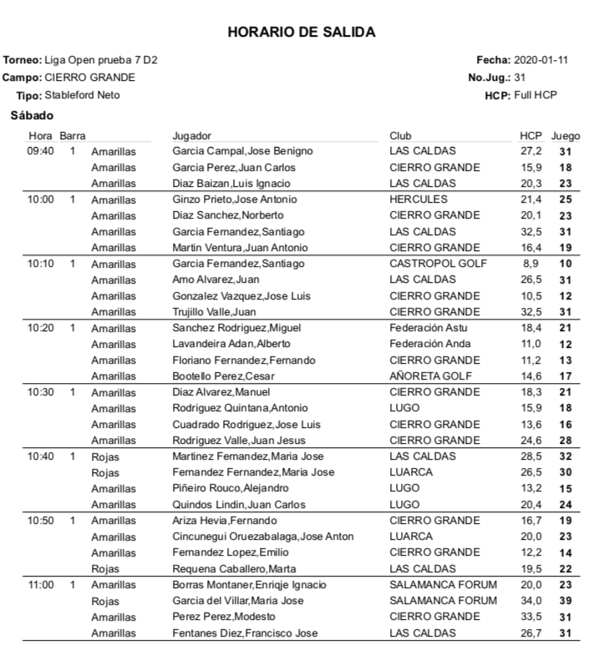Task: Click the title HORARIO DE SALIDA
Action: point(301,33)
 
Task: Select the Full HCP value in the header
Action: point(535,95)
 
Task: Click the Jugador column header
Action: point(191,135)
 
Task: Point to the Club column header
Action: point(400,135)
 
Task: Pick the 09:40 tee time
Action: point(40,151)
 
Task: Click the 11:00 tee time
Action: point(40,586)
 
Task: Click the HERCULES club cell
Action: point(419,199)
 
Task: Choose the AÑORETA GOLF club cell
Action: point(429,376)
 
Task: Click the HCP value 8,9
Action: point(531,264)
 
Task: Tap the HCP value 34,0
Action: point(531,602)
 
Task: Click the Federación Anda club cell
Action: point(429,344)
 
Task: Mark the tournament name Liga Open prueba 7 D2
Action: point(104,60)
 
